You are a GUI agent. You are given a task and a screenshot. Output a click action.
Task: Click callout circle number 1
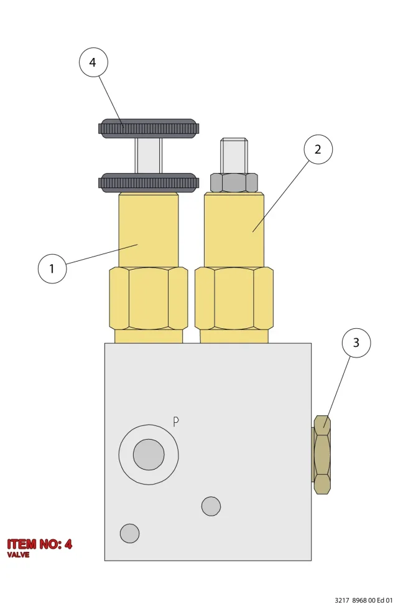coord(52,268)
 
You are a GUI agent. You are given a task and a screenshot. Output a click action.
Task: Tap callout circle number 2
coord(318,149)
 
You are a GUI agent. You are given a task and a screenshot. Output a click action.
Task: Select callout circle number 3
coord(356,343)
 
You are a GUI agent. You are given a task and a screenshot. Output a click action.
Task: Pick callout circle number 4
coord(93,62)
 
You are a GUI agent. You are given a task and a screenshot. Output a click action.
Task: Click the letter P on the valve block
coord(176,422)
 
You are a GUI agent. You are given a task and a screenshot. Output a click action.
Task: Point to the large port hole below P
coord(149,455)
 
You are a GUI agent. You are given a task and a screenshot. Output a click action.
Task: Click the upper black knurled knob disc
coord(149,128)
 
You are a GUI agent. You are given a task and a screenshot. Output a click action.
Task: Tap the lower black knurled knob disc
coord(149,182)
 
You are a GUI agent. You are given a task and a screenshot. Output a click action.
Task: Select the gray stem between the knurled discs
coord(149,155)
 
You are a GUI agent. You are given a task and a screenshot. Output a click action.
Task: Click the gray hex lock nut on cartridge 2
coord(234,182)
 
